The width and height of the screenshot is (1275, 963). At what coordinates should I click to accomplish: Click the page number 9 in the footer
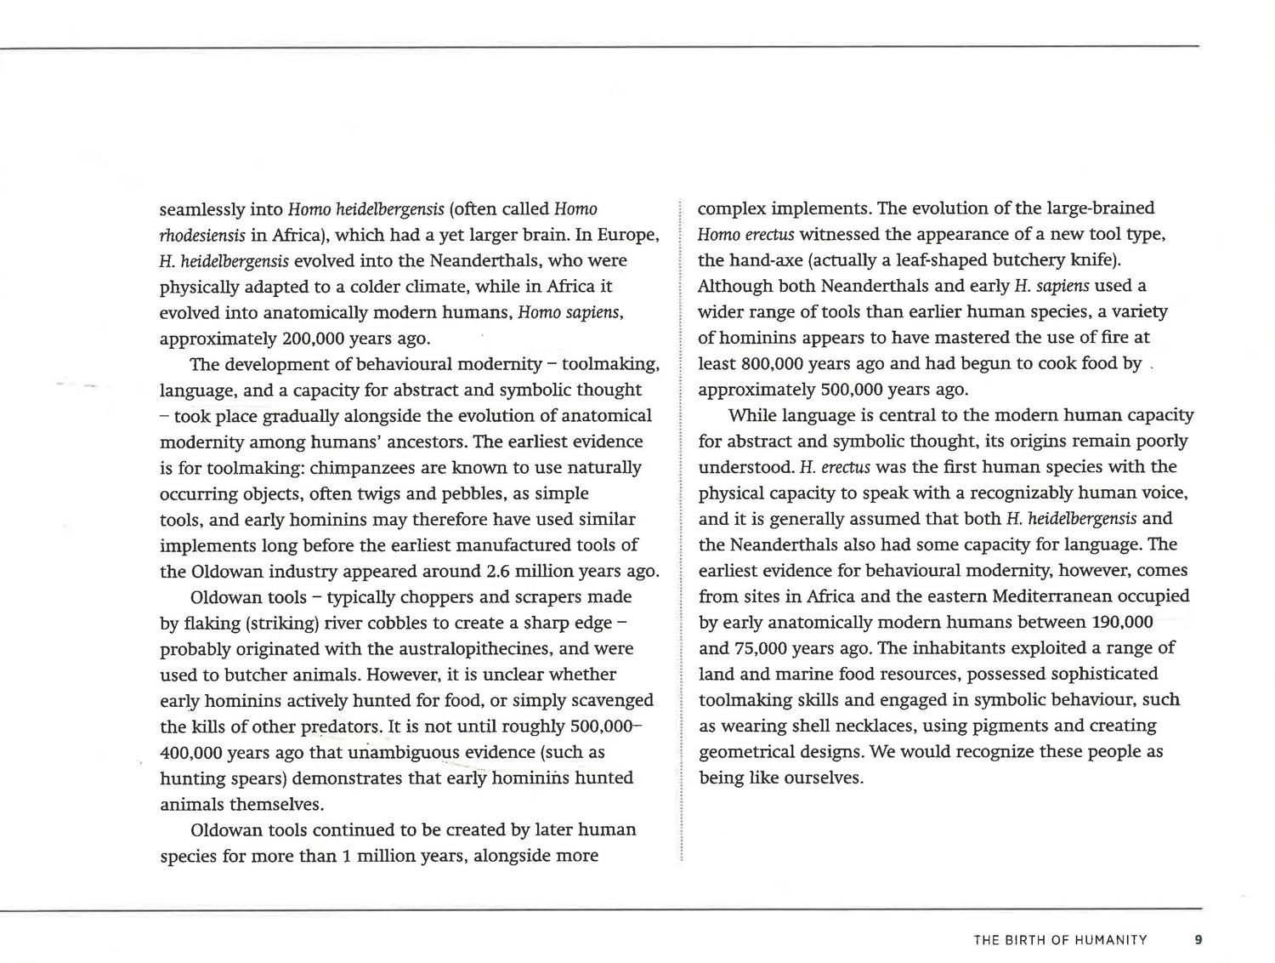pos(1198,940)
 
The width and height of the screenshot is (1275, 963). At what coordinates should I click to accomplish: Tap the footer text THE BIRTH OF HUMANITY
pos(1060,940)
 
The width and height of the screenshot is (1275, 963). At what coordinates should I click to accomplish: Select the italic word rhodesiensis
pos(202,235)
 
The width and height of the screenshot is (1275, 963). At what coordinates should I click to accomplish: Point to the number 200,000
pos(313,339)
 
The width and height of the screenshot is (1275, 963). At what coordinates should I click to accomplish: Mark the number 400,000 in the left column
pos(191,753)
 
